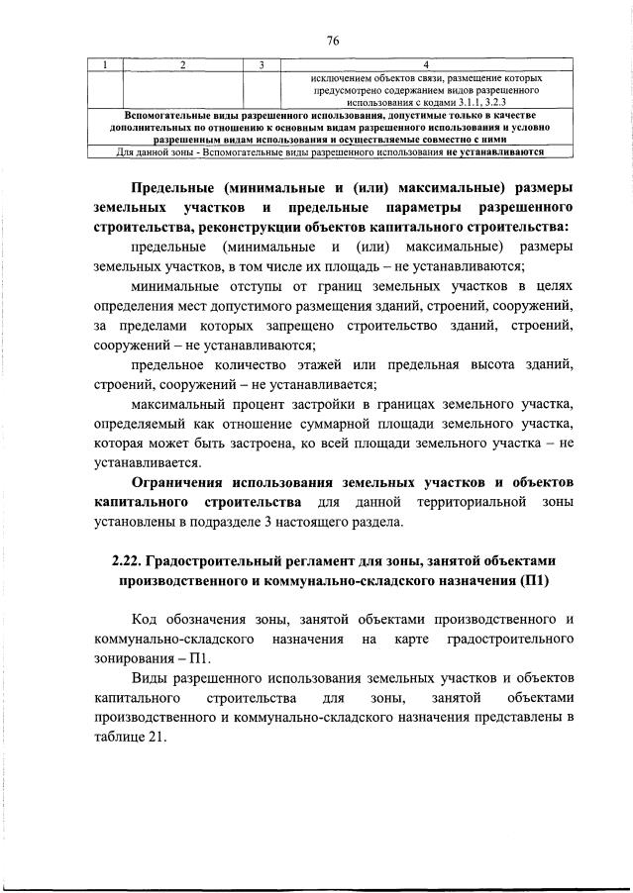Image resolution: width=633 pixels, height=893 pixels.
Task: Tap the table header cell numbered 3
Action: (261, 65)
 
